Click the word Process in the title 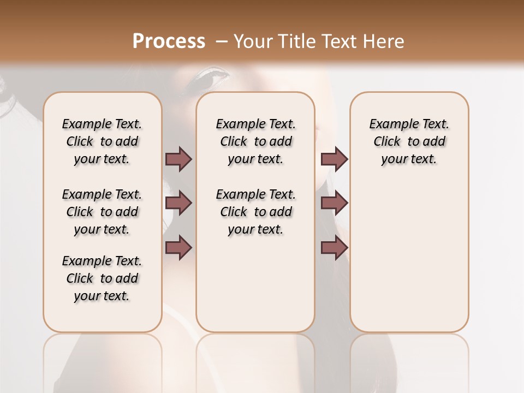click(169, 41)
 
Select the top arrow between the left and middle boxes click(178, 159)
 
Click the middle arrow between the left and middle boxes click(178, 204)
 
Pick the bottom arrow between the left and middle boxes click(178, 248)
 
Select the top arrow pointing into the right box click(334, 159)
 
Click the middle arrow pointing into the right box click(334, 204)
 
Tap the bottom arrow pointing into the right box click(334, 248)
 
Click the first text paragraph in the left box click(102, 141)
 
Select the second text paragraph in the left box click(102, 212)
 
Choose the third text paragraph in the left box click(102, 278)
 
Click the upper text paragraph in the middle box click(255, 141)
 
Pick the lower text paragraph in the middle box click(255, 212)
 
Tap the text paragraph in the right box click(409, 141)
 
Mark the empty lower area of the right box click(409, 262)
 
